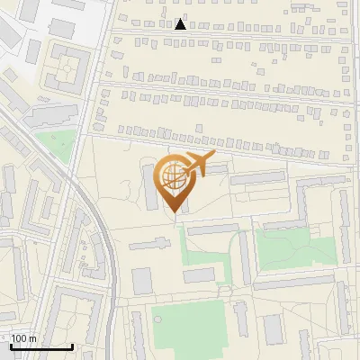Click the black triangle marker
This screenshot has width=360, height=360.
181,23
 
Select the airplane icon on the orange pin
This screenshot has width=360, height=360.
197,165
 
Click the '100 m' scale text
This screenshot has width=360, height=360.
23,338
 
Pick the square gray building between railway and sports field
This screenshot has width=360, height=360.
142,281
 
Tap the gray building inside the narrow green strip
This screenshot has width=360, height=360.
200,274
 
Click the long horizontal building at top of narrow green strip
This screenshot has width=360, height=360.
212,229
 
